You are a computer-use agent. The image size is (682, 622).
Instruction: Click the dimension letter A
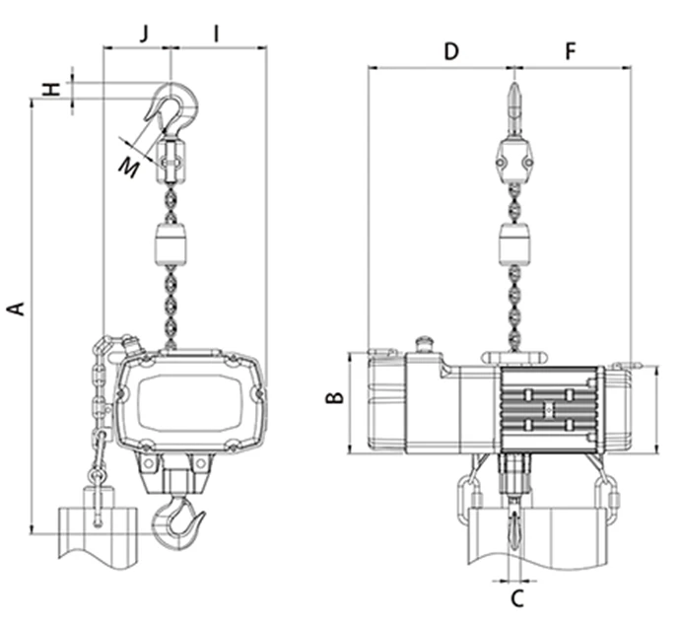coord(16,308)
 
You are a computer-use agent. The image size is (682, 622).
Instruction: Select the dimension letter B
coord(335,397)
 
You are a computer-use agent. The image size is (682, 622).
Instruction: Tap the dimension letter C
coord(516,599)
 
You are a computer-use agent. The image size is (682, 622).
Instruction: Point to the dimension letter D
coord(451,51)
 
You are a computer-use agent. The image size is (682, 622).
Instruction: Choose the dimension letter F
coord(571,51)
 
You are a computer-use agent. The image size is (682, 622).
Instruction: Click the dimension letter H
coord(52,90)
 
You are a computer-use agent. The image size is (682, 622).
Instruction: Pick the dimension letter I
coord(216,34)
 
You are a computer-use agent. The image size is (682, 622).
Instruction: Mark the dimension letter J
coord(145,34)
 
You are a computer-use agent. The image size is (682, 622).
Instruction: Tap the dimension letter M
coord(129,168)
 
